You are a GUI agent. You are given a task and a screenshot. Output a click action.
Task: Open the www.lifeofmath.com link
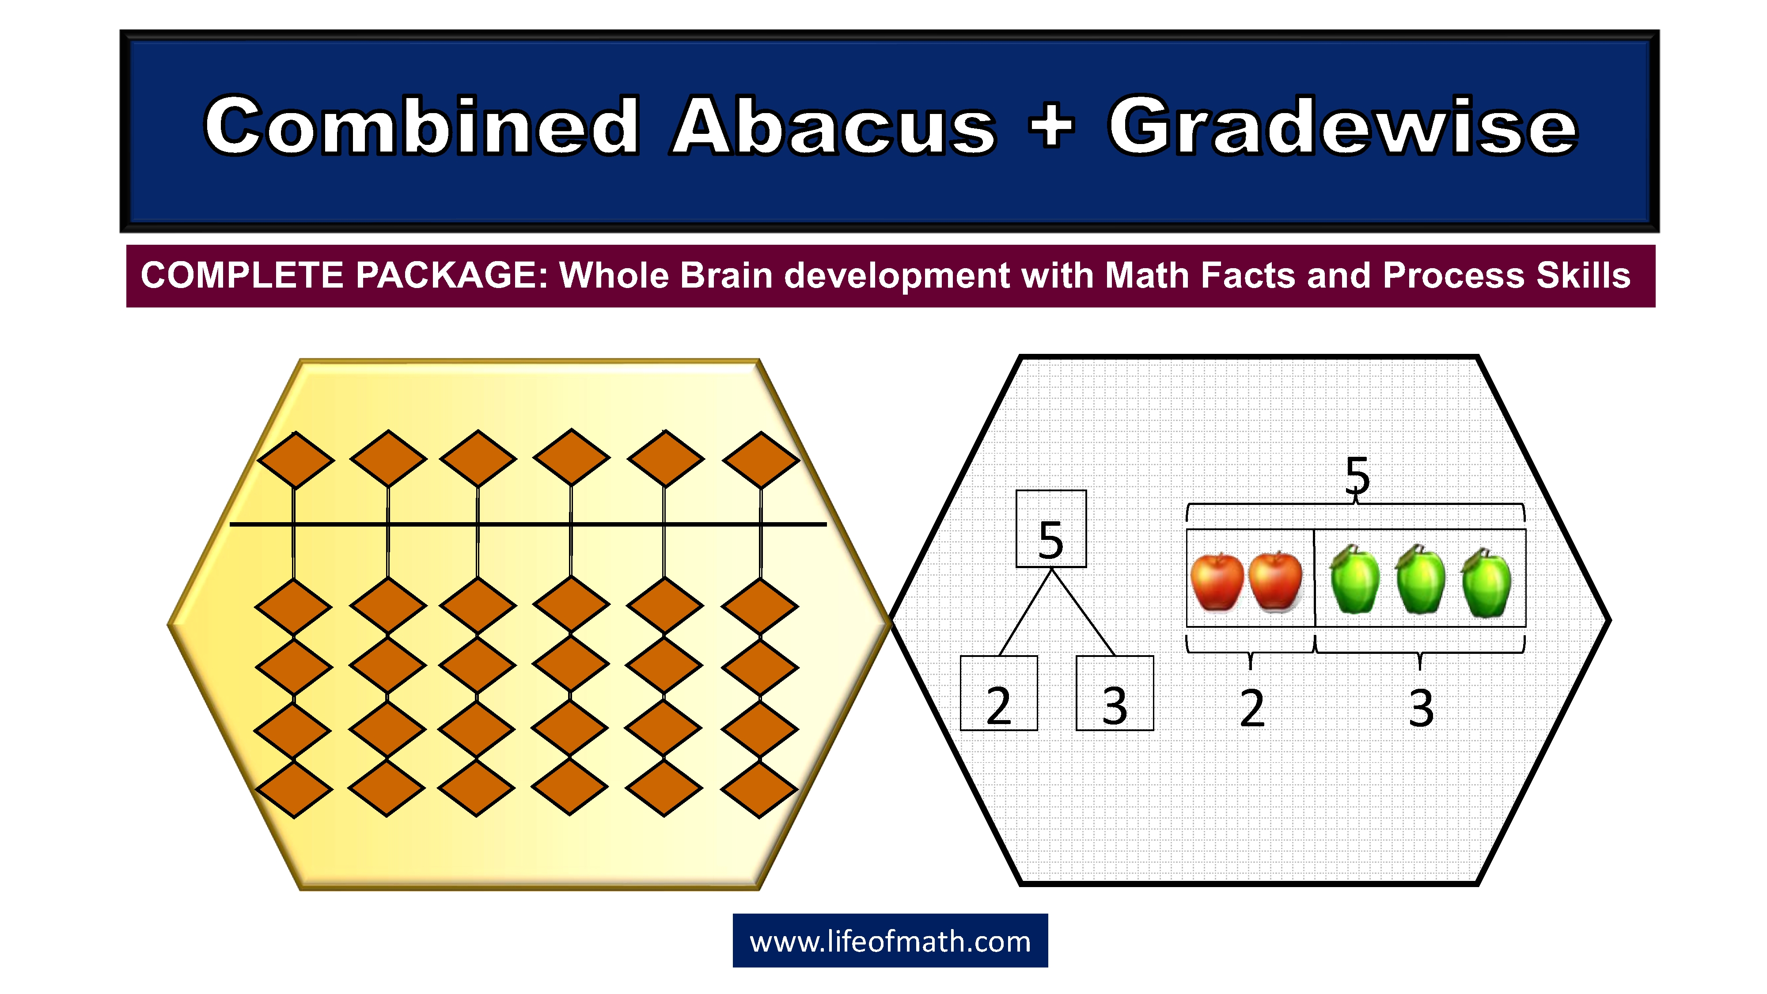pos(890,942)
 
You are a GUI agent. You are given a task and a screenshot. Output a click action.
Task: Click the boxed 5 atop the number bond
pos(1051,529)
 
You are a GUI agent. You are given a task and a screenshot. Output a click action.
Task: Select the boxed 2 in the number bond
pos(999,694)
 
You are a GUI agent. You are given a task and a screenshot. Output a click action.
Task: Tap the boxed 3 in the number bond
pos(1115,694)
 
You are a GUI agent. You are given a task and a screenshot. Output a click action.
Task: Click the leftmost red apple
pos(1217,582)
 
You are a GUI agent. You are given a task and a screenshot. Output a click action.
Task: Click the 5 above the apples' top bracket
pos(1357,475)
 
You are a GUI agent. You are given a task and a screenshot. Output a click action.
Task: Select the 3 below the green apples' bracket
pos(1421,708)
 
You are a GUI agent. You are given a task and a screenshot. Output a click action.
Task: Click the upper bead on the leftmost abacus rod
pos(295,459)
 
